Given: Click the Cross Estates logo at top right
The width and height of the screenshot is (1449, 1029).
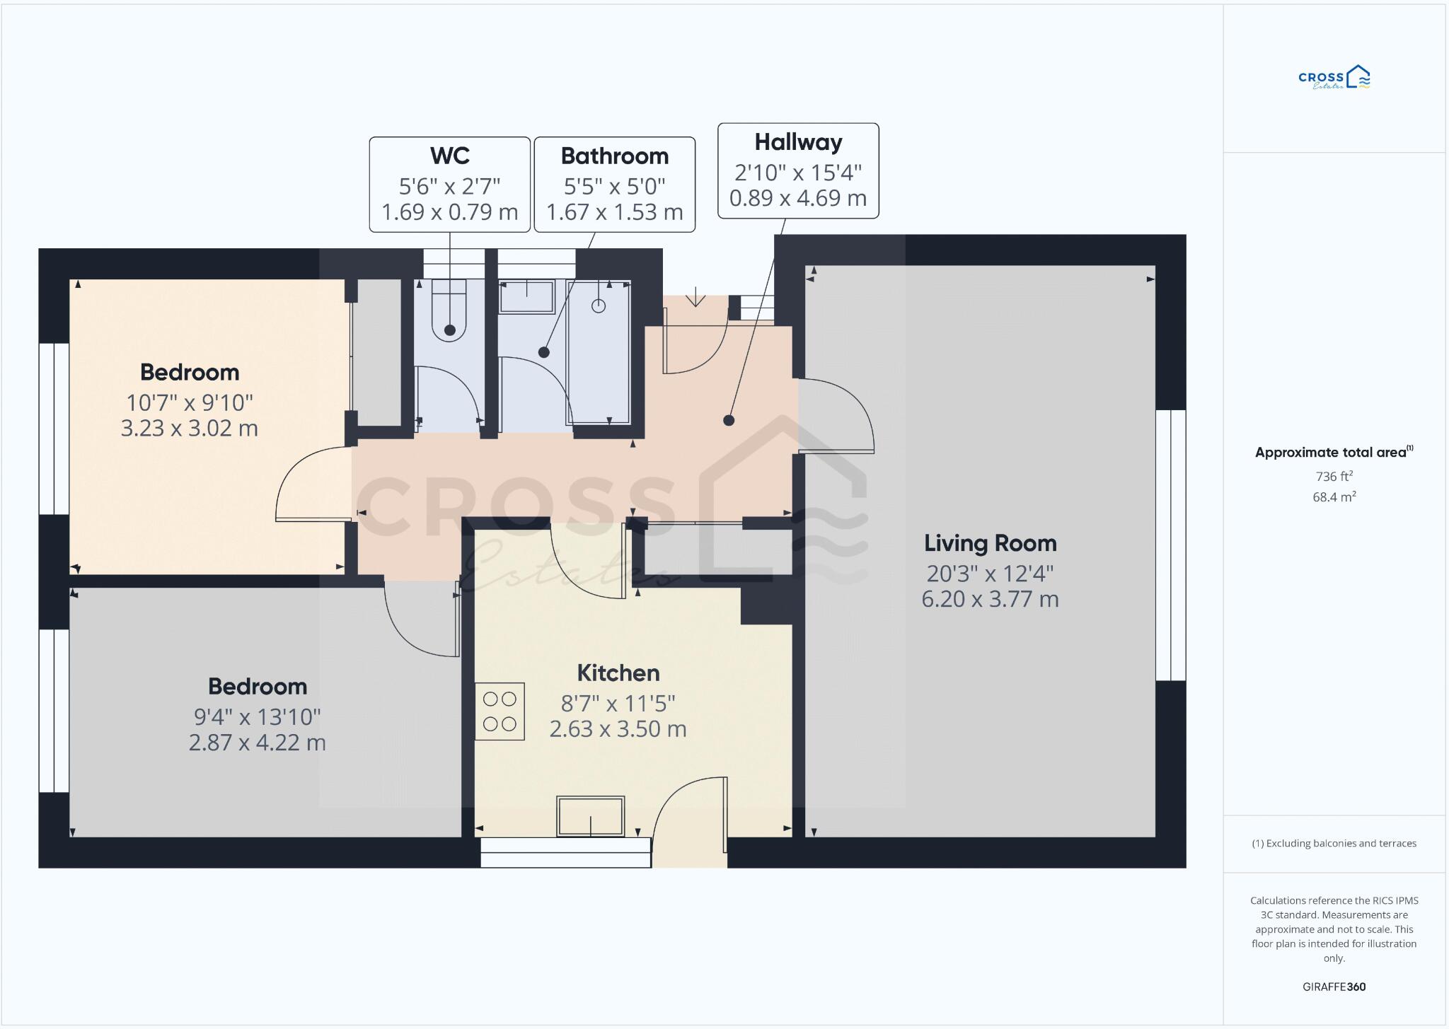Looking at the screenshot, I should click(x=1334, y=78).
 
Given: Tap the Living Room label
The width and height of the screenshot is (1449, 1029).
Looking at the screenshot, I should click(x=990, y=543).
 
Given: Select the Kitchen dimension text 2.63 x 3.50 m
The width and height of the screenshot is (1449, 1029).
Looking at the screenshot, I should click(x=618, y=729).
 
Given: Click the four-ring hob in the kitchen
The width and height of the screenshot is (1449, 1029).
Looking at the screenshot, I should click(x=500, y=711).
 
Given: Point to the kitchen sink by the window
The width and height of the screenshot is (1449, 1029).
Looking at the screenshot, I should click(x=591, y=816).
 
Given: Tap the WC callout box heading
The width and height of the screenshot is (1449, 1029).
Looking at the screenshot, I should click(x=449, y=156).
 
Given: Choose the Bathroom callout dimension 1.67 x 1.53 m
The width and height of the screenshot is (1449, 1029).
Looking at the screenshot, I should click(x=614, y=212).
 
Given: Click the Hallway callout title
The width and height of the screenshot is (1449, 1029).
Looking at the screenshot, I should click(x=798, y=142).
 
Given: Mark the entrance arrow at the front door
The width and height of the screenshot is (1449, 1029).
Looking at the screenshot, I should click(x=695, y=296).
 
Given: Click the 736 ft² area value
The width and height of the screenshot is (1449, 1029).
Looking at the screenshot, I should click(x=1334, y=477).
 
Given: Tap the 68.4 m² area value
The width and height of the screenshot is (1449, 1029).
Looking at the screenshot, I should click(x=1334, y=497).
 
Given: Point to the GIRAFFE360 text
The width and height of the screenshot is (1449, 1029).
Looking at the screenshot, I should click(x=1334, y=987).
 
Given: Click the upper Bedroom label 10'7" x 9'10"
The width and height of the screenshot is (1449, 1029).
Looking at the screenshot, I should click(x=190, y=402).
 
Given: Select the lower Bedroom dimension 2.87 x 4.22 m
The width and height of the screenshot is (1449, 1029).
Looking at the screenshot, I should click(x=257, y=743).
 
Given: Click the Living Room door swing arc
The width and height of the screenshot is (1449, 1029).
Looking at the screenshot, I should click(x=853, y=403).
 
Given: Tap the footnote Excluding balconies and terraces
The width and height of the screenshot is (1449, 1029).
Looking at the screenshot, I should click(x=1334, y=843).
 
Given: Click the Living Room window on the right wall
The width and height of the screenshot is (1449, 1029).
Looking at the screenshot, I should click(x=1170, y=545).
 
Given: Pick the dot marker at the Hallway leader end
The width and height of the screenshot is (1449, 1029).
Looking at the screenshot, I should click(x=729, y=420).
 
